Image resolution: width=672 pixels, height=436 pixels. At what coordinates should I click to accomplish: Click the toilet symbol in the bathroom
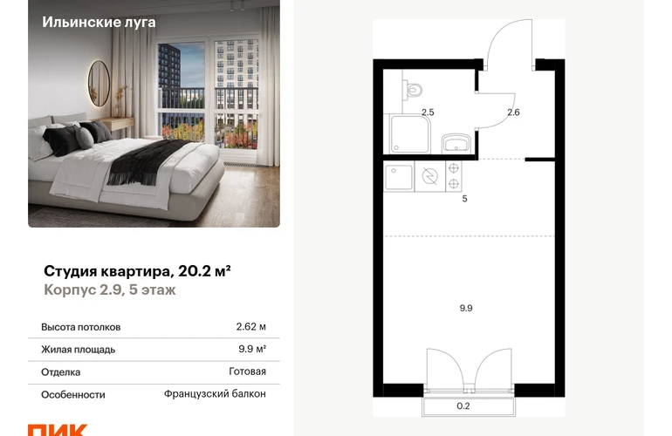point(412,90)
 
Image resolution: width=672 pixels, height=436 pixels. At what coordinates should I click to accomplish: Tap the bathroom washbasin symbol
point(456,142)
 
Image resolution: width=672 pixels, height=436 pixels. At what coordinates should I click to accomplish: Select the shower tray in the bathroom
point(408,133)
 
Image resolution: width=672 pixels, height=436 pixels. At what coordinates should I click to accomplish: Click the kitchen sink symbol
point(399,176)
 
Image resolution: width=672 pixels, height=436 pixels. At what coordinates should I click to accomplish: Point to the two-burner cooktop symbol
point(454,175)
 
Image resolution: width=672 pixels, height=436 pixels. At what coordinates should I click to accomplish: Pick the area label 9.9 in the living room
point(466,308)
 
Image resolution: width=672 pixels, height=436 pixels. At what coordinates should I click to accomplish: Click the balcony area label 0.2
point(463,406)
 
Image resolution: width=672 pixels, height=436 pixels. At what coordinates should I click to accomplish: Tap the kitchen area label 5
point(464,199)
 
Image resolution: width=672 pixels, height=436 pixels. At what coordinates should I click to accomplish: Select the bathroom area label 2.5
point(428,112)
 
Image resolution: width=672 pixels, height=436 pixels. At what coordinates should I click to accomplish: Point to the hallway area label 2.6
point(513,112)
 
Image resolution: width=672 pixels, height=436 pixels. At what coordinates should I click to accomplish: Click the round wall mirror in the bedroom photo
point(99,83)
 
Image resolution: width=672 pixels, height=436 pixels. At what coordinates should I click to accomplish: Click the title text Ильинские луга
point(99,22)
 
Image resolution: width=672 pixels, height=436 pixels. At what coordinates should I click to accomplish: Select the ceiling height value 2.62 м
point(251,327)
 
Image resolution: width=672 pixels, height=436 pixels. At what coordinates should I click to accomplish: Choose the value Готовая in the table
point(247,371)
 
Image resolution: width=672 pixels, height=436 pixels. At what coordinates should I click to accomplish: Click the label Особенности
point(73,394)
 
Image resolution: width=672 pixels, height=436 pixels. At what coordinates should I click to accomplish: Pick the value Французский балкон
point(215,393)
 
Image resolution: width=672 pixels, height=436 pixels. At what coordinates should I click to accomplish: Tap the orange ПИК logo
point(58,430)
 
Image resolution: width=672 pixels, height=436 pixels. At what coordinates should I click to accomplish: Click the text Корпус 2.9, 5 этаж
point(110,290)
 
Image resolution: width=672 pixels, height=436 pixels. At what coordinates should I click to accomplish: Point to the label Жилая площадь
point(79,350)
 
